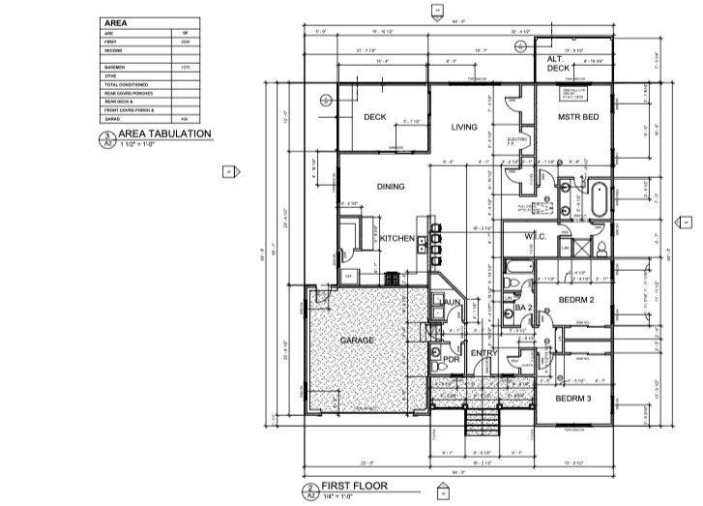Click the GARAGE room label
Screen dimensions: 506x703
click(356, 342)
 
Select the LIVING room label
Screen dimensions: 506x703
click(466, 127)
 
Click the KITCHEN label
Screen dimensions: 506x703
click(397, 238)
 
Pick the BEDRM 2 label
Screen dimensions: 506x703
click(576, 301)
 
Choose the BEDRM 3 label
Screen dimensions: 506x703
click(573, 399)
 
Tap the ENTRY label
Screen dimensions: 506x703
click(482, 353)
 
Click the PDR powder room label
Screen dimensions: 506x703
click(451, 360)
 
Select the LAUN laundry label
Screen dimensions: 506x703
click(451, 303)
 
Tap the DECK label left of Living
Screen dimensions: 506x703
click(375, 117)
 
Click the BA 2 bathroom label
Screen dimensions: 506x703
click(523, 308)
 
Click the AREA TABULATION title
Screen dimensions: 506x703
click(163, 134)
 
